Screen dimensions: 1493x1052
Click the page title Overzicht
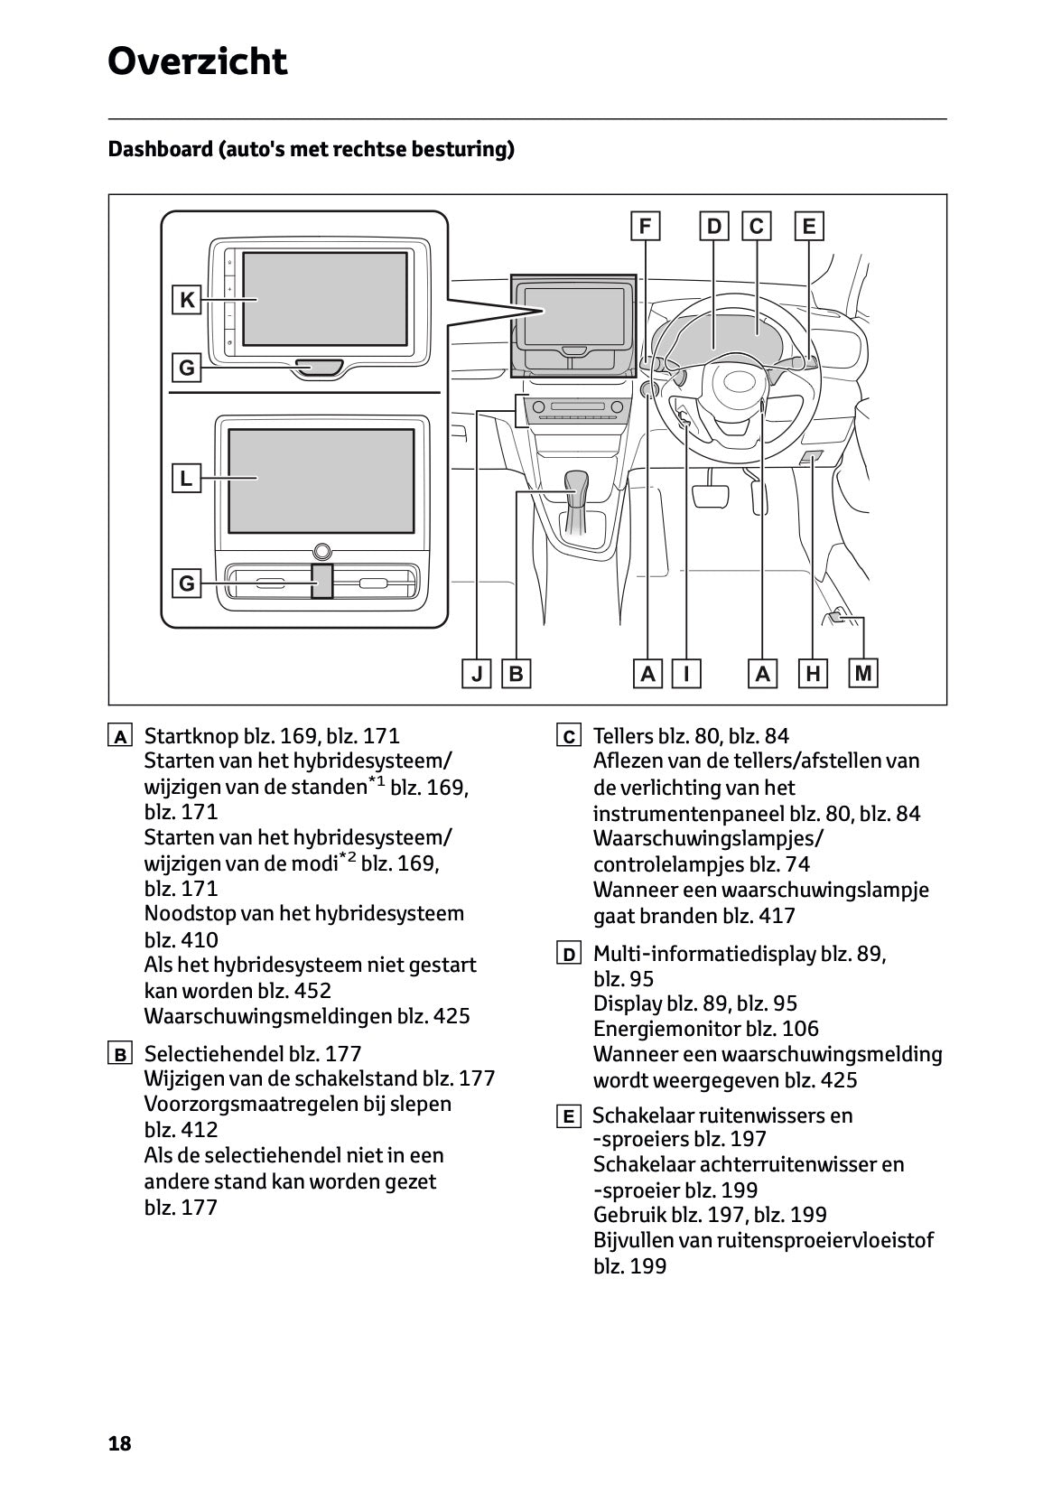tap(197, 62)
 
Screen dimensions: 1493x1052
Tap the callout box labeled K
tap(186, 300)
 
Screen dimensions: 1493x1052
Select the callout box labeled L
tap(186, 478)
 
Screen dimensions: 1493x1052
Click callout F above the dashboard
tap(645, 226)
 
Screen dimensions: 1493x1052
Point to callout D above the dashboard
tap(714, 226)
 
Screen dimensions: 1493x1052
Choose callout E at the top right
tap(808, 226)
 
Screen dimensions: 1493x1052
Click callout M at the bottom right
tap(863, 673)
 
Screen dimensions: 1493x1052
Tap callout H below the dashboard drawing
tap(813, 674)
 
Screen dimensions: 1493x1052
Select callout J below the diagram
tap(476, 674)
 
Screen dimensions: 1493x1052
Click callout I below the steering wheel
tap(687, 674)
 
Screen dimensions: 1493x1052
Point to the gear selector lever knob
tap(576, 483)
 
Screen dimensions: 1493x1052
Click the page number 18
tap(120, 1443)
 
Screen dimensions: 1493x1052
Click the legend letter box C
tap(568, 737)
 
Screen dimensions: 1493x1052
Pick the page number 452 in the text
tap(312, 991)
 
